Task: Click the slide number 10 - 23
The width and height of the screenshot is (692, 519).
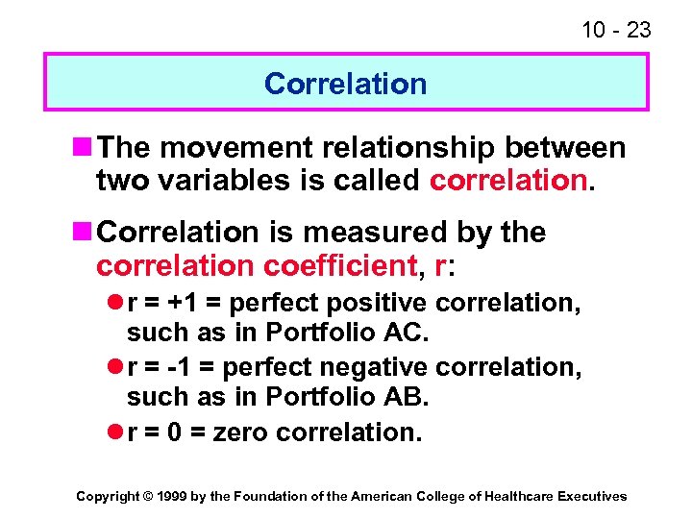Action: (x=616, y=31)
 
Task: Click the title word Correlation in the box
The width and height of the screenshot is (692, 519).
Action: (x=345, y=84)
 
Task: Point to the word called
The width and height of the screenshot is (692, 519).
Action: (x=377, y=180)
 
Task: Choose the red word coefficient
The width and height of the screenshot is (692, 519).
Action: (x=352, y=264)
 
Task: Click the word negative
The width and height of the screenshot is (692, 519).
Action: (x=383, y=367)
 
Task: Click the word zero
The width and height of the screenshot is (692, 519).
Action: (x=240, y=432)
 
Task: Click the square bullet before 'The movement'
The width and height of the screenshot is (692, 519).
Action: (x=84, y=148)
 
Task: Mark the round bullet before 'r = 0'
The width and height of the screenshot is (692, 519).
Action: (x=114, y=432)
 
